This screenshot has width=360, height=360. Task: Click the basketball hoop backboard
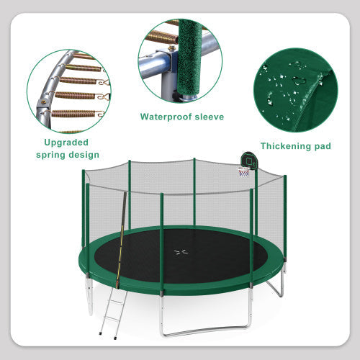click(248, 160)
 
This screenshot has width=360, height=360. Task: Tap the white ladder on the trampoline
click(112, 311)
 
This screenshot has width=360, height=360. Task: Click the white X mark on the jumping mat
click(181, 252)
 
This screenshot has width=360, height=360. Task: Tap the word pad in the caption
click(322, 146)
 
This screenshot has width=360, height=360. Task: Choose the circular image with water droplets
click(295, 89)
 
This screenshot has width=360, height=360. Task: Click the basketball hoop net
click(244, 172)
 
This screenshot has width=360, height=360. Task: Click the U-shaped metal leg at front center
click(204, 330)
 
